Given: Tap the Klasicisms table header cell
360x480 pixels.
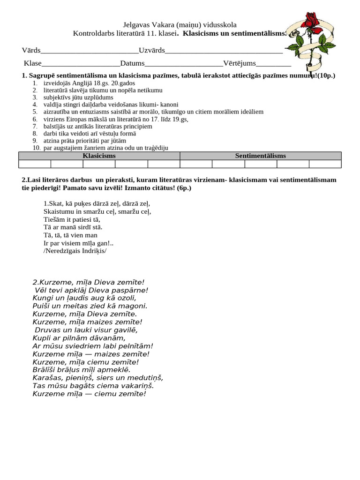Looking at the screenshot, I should click(99, 156).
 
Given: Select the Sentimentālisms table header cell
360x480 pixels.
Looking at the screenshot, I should click(260, 156).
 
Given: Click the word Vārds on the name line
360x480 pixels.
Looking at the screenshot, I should click(31, 50).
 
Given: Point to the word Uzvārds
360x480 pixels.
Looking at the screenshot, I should click(152, 50).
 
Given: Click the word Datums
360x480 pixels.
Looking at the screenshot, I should click(132, 63).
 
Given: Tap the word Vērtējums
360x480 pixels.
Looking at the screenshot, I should click(240, 63).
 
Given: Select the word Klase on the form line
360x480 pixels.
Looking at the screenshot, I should click(32, 63).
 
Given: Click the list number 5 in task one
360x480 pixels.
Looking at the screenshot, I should click(35, 112).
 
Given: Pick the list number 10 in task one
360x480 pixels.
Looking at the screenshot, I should click(36, 148).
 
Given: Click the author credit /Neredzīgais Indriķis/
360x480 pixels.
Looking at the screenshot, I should click(75, 250).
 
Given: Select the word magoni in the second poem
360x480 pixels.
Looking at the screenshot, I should click(135, 306).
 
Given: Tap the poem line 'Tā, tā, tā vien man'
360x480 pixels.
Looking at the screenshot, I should click(70, 235).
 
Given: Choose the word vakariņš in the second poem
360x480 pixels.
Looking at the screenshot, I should click(136, 385).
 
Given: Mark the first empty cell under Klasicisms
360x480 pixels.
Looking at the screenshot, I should click(35, 164).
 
